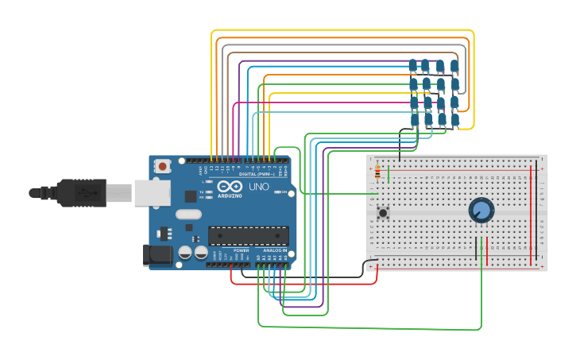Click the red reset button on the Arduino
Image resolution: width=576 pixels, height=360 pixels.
(x=163, y=166)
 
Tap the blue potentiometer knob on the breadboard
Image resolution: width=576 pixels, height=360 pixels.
(x=481, y=210)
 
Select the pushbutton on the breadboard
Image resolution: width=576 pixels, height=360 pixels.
(x=383, y=212)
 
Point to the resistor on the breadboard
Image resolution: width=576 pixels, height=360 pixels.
(x=377, y=173)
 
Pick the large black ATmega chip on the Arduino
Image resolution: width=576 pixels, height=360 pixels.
(x=248, y=235)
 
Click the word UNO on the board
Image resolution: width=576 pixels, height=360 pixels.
(x=259, y=187)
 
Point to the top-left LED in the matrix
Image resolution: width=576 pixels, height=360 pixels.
(x=412, y=65)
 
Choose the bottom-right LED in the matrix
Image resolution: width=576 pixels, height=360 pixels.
(x=455, y=120)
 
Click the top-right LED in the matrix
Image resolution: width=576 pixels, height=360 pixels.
(x=454, y=66)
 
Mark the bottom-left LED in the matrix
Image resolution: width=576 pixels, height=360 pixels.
(x=414, y=119)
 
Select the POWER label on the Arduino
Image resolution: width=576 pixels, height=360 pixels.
(x=242, y=250)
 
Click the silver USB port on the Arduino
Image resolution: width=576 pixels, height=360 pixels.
(x=147, y=193)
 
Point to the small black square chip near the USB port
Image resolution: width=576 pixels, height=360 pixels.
(x=191, y=195)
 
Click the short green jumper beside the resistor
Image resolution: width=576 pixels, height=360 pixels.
(x=388, y=173)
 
